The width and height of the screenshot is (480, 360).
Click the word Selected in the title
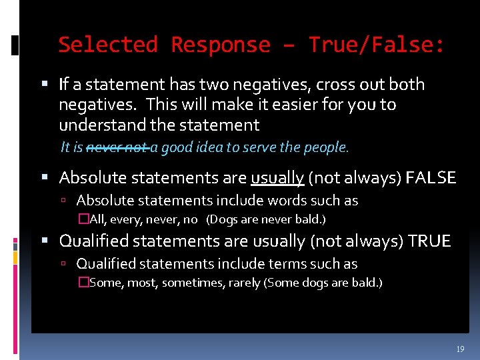pos(107,45)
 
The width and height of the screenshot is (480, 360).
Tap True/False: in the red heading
pos(376,45)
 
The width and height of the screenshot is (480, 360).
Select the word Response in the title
pos(221,45)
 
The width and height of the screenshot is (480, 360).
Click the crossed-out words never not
pos(117,147)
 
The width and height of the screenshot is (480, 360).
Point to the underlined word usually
pos(277,178)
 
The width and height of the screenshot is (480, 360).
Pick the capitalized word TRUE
pos(426,241)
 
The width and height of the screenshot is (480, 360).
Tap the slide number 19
pos(460,349)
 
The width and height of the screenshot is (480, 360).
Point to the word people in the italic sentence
pos(329,147)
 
